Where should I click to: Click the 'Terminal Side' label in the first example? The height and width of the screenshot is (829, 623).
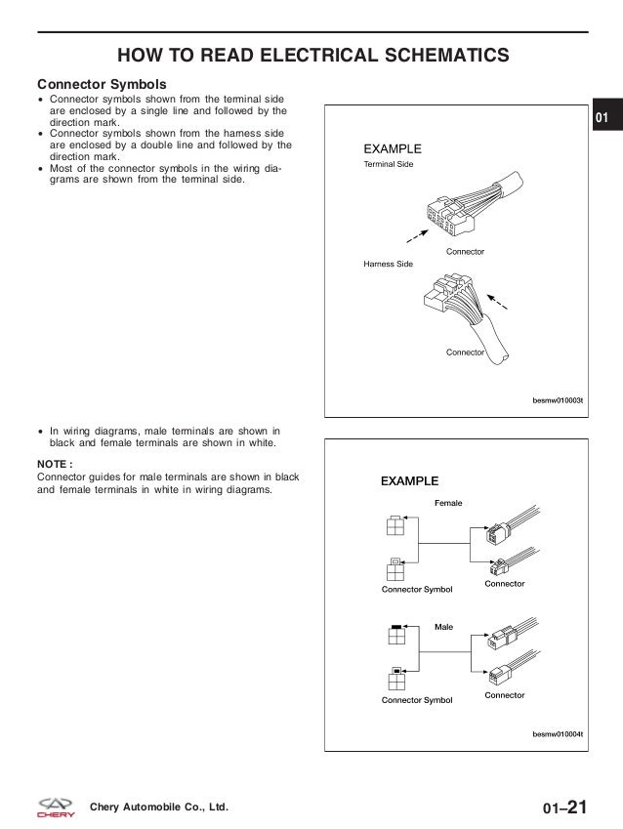tap(389, 166)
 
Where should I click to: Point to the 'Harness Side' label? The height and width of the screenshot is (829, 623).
tap(388, 265)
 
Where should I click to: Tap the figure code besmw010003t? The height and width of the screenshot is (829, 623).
tap(557, 399)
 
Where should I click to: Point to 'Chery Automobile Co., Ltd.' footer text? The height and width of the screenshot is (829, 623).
tap(158, 808)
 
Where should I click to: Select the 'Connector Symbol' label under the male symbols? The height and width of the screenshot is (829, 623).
tap(417, 700)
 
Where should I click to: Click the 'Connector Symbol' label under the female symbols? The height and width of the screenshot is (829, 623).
tap(417, 590)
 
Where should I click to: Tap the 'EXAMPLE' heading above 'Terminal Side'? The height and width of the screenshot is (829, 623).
tap(393, 149)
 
